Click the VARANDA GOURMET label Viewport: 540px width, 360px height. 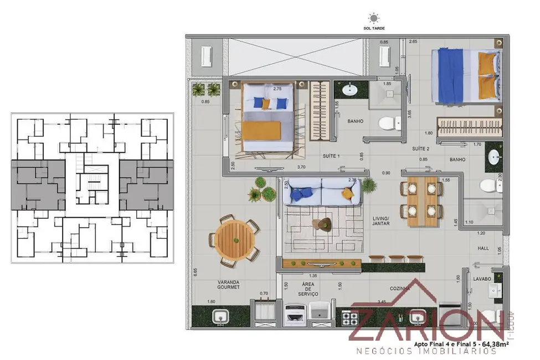(228, 284)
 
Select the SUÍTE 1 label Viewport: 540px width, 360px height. (331, 157)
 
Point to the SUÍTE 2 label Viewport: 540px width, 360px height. (420, 149)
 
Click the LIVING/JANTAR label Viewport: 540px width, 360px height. (380, 220)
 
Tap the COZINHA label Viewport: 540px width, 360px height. (399, 289)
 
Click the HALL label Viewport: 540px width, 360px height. (483, 249)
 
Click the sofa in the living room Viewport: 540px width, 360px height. (322, 192)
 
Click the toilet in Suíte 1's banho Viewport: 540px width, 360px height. (385, 123)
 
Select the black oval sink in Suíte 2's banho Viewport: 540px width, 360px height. (493, 157)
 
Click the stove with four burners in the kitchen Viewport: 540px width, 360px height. (350, 318)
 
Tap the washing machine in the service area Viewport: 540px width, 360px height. (294, 316)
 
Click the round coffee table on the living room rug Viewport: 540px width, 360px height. (321, 223)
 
